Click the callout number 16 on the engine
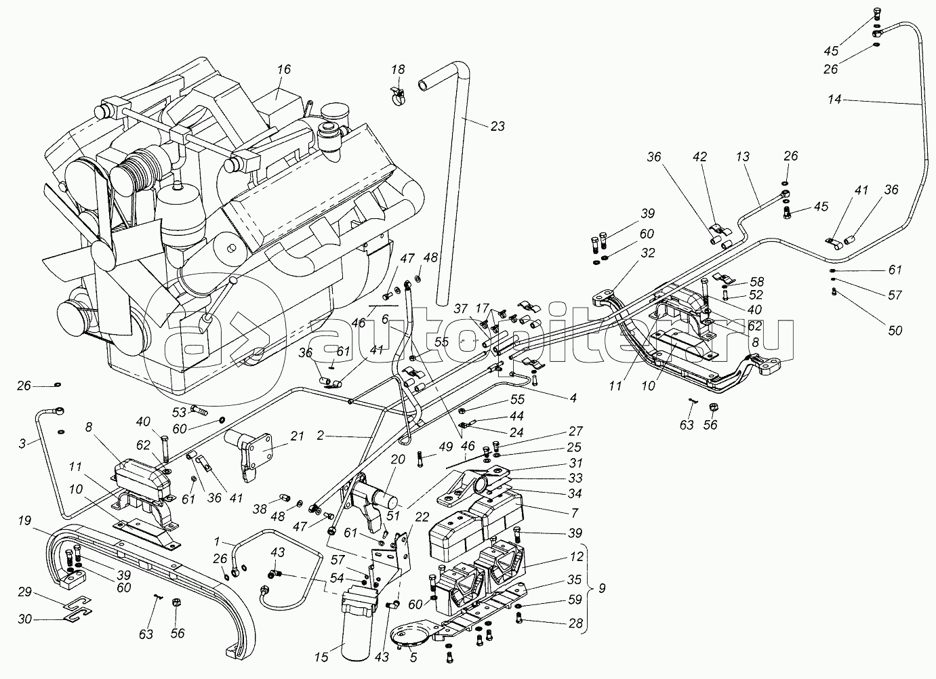[x=283, y=69]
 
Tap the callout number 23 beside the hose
[x=497, y=126]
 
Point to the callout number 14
[x=834, y=100]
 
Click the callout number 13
[x=743, y=157]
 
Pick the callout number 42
[x=699, y=157]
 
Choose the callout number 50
[x=895, y=331]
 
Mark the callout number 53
[x=179, y=411]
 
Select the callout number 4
[x=573, y=398]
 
